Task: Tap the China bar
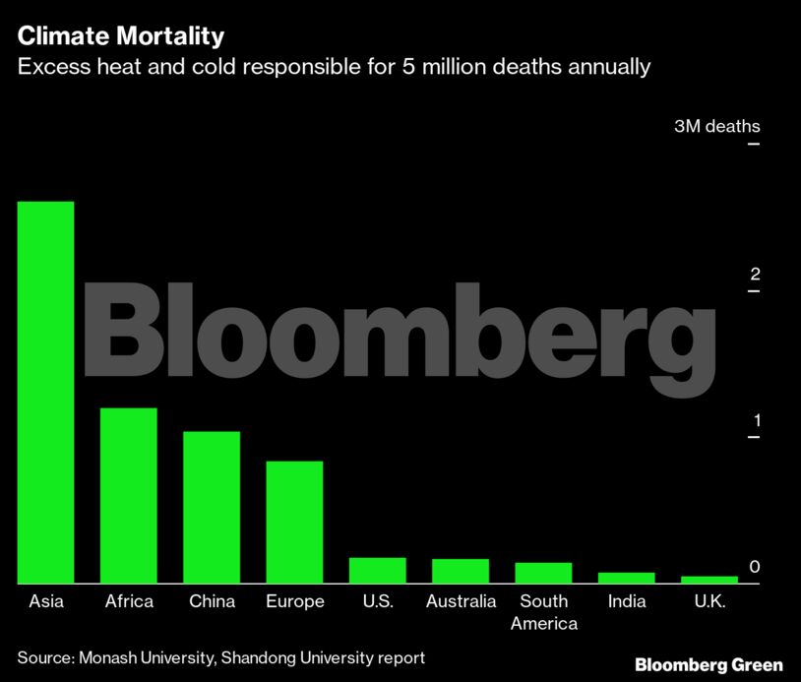point(212,507)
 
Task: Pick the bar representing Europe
point(295,522)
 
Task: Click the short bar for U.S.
point(378,571)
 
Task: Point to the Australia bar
point(461,571)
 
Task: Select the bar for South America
point(544,573)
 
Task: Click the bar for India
point(627,578)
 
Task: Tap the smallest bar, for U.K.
point(709,580)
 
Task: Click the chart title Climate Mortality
point(121,37)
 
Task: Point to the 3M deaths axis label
point(716,127)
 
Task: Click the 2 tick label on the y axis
point(755,274)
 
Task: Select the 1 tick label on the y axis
point(755,420)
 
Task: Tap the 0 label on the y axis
point(755,567)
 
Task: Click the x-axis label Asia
point(46,601)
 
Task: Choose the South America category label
point(544,612)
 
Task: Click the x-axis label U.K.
point(709,601)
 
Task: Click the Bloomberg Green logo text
point(709,664)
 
